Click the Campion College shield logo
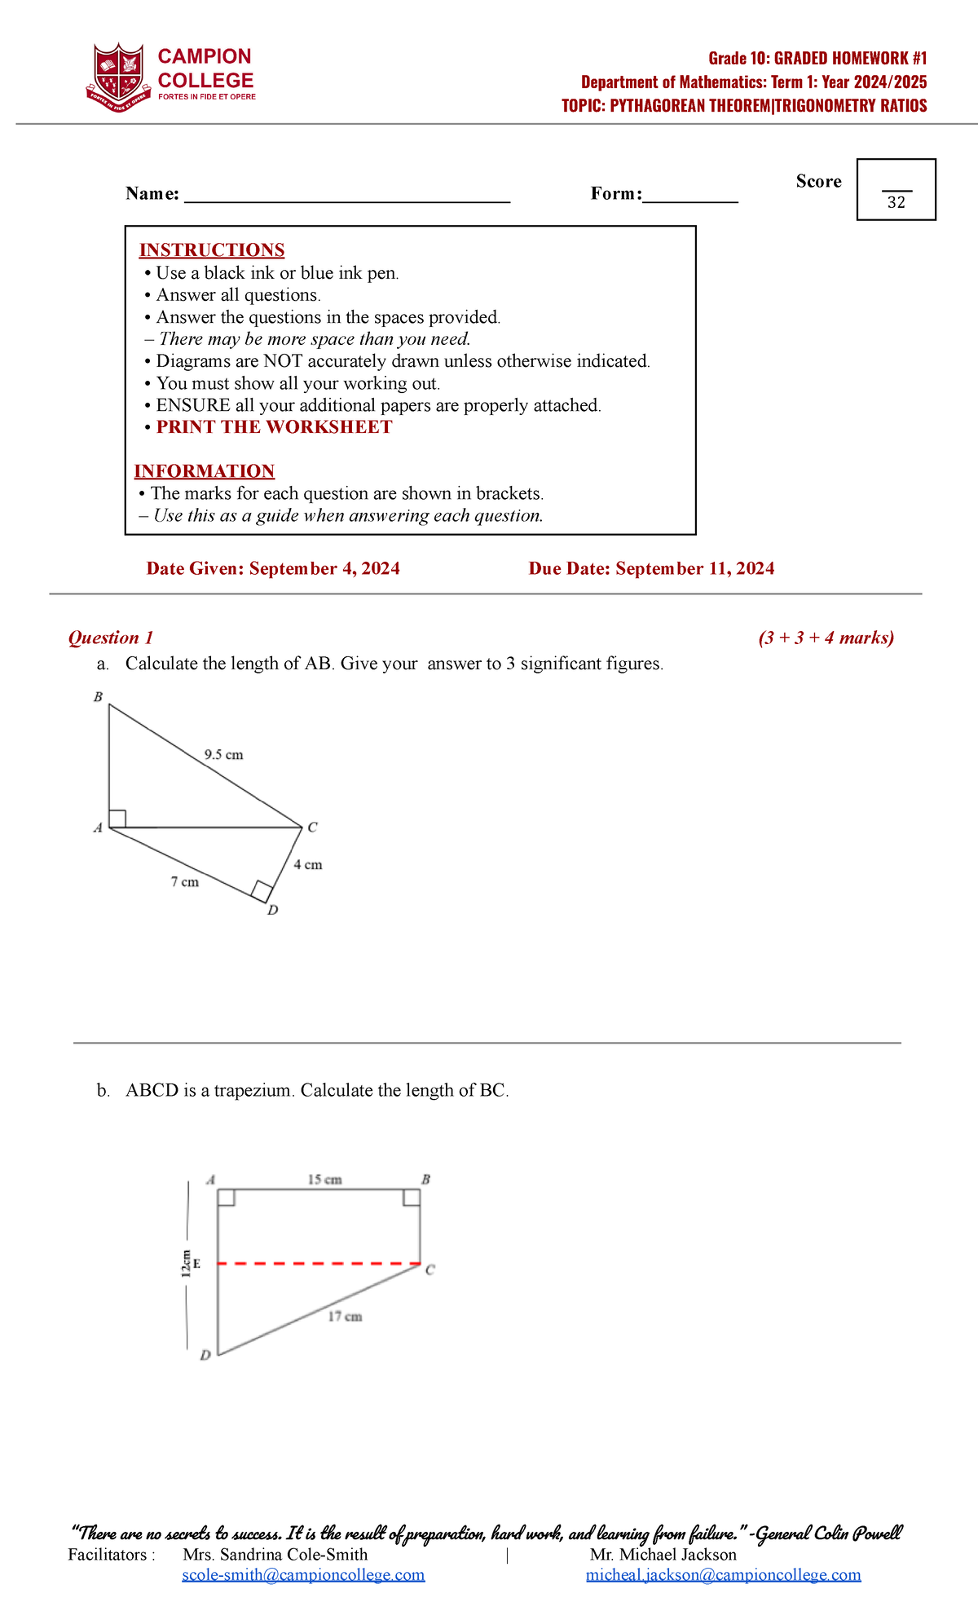pyautogui.click(x=119, y=77)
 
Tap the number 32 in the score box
pyautogui.click(x=896, y=203)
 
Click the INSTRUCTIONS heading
pyautogui.click(x=212, y=250)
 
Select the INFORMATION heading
pyautogui.click(x=205, y=471)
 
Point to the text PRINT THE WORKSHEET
pyautogui.click(x=274, y=427)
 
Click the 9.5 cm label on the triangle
pyautogui.click(x=223, y=755)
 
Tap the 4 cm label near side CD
pyautogui.click(x=308, y=865)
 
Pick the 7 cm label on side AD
pyautogui.click(x=185, y=882)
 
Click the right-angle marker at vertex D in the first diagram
pyautogui.click(x=262, y=891)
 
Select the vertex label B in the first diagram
pyautogui.click(x=98, y=697)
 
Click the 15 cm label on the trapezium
pyautogui.click(x=324, y=1180)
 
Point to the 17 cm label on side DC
pyautogui.click(x=345, y=1317)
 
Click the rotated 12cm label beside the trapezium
pyautogui.click(x=187, y=1264)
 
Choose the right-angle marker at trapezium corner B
pyautogui.click(x=412, y=1197)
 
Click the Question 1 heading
pyautogui.click(x=111, y=638)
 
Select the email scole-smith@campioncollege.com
pyautogui.click(x=303, y=1574)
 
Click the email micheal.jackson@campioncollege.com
pyautogui.click(x=724, y=1574)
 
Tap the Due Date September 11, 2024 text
pyautogui.click(x=651, y=568)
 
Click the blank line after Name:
pyautogui.click(x=347, y=196)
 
